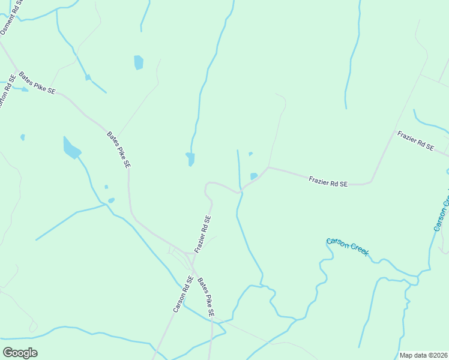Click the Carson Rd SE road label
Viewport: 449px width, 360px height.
click(182, 294)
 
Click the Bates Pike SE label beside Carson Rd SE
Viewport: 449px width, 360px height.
click(206, 297)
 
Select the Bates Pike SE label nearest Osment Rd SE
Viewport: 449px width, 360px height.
click(37, 83)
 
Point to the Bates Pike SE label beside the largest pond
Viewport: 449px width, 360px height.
click(119, 149)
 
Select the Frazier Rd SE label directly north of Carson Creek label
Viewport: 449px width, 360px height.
click(328, 181)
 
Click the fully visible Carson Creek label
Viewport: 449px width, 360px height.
click(347, 246)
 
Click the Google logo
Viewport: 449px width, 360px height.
click(20, 353)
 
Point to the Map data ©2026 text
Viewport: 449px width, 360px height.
click(423, 355)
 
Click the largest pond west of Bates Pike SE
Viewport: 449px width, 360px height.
click(71, 148)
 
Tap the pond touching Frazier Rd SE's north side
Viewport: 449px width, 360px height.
click(254, 176)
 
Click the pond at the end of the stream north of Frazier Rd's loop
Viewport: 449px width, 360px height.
click(190, 159)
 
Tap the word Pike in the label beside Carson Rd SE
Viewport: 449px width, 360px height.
click(207, 300)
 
